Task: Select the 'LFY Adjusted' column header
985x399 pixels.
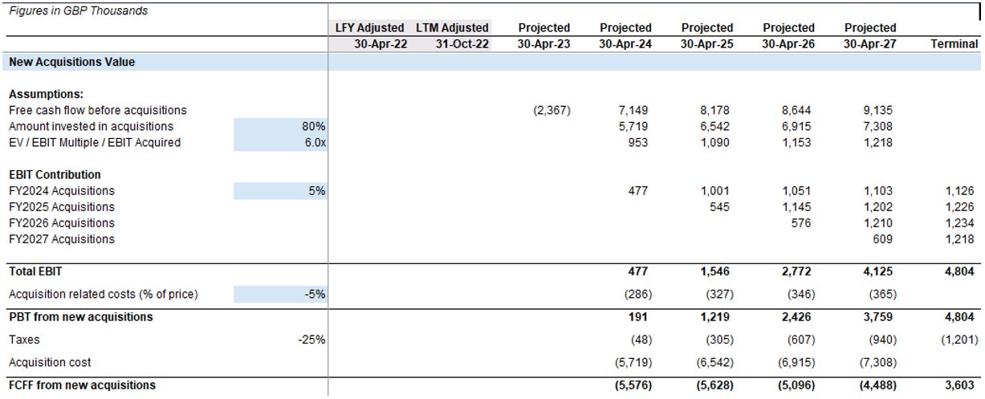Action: point(369,28)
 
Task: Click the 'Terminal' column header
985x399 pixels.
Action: point(954,44)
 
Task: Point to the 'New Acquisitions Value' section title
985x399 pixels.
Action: point(72,62)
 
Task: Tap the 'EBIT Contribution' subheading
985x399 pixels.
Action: point(55,174)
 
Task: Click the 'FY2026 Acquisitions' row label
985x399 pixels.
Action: point(62,223)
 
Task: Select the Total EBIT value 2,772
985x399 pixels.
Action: point(800,271)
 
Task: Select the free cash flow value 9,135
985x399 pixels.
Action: point(879,111)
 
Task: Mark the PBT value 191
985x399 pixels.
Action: point(640,317)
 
